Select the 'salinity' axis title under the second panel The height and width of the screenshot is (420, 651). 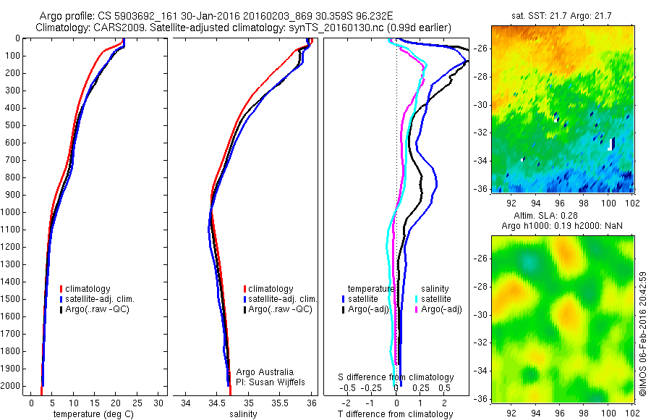coord(242,414)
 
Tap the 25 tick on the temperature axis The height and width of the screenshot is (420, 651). coord(137,403)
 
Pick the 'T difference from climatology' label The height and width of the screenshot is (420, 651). coord(396,414)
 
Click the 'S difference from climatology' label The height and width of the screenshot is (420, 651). coord(396,377)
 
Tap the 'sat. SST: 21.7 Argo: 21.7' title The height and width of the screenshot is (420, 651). coord(563,15)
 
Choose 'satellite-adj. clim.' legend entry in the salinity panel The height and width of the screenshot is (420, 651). coord(283,299)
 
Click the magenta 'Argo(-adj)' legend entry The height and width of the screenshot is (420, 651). coord(442,309)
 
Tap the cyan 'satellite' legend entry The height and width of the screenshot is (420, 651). coord(437,298)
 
